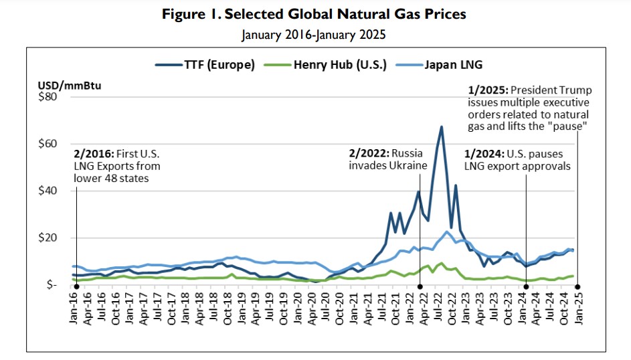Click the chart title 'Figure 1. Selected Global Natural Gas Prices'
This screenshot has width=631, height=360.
click(314, 14)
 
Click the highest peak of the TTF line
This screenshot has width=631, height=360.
click(442, 126)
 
